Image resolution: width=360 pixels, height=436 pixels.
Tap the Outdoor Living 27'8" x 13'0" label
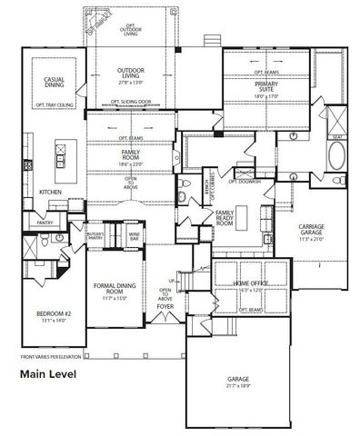tap(136, 81)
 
